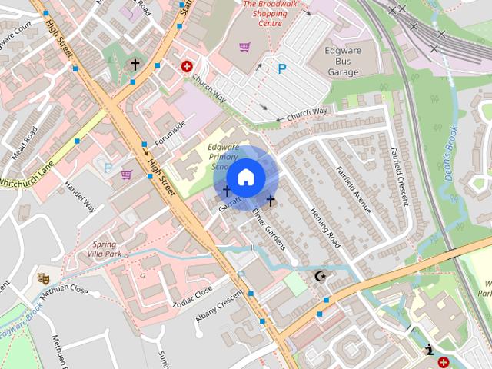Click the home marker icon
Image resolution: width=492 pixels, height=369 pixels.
(245, 177)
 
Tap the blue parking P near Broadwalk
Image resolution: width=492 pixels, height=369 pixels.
(282, 69)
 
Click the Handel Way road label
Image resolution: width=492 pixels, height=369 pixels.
(79, 197)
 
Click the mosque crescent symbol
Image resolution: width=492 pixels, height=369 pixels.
(321, 276)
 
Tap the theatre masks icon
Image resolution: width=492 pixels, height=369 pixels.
(43, 278)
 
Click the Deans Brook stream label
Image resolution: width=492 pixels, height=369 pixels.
(451, 154)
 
